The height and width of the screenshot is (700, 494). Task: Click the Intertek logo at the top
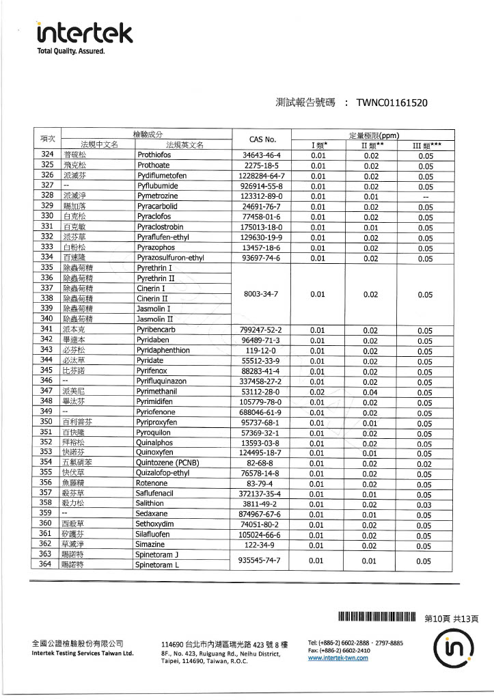(84, 32)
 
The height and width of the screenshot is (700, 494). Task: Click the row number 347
(46, 390)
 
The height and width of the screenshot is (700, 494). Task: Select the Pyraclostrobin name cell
(160, 227)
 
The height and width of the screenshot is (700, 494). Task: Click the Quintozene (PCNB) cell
(167, 463)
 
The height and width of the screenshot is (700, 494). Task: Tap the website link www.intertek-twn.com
(338, 658)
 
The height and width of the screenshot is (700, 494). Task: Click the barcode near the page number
(377, 619)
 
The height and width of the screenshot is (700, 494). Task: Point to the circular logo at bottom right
(453, 647)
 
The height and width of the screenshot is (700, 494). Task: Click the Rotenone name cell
(151, 483)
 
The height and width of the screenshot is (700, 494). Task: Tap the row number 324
(46, 154)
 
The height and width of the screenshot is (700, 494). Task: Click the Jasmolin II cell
(154, 319)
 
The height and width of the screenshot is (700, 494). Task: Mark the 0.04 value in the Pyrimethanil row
(370, 392)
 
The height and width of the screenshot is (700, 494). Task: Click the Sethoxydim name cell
(155, 525)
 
